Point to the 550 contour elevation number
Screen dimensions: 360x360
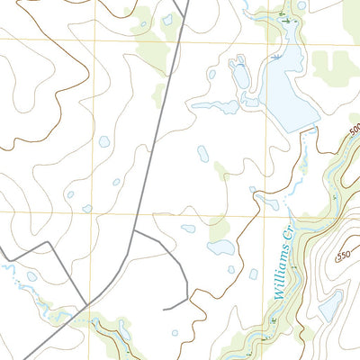point(342,256)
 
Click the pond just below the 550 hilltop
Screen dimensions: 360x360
point(329,307)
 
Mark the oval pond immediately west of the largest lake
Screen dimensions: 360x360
point(240,76)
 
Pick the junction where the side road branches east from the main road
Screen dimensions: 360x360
point(134,230)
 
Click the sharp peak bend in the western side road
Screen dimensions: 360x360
point(37,243)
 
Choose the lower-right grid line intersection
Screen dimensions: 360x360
point(266,214)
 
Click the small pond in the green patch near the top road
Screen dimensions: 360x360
point(167,20)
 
